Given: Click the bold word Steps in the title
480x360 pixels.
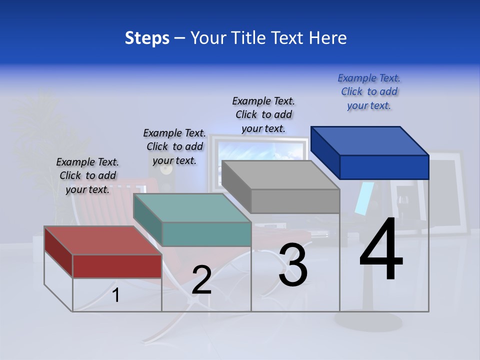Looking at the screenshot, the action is click(147, 38).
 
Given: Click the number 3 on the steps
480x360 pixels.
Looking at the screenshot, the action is click(293, 265).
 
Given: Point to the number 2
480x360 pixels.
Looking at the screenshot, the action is click(201, 280).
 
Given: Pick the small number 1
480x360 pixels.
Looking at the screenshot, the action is click(116, 295).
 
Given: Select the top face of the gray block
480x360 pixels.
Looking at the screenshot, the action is click(280, 175).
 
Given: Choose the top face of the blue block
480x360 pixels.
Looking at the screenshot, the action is click(370, 140).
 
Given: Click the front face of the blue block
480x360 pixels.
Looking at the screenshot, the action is click(384, 167).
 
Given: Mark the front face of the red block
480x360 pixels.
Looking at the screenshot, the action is click(117, 266).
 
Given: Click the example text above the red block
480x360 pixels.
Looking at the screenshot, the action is click(87, 175).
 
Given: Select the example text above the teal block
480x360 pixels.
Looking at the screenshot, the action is click(174, 146).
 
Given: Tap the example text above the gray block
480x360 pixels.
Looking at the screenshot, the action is click(263, 114).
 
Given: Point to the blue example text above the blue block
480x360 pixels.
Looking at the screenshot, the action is click(369, 91).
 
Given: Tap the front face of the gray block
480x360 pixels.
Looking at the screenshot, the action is click(295, 201).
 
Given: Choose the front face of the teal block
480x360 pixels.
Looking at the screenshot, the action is click(206, 234).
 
